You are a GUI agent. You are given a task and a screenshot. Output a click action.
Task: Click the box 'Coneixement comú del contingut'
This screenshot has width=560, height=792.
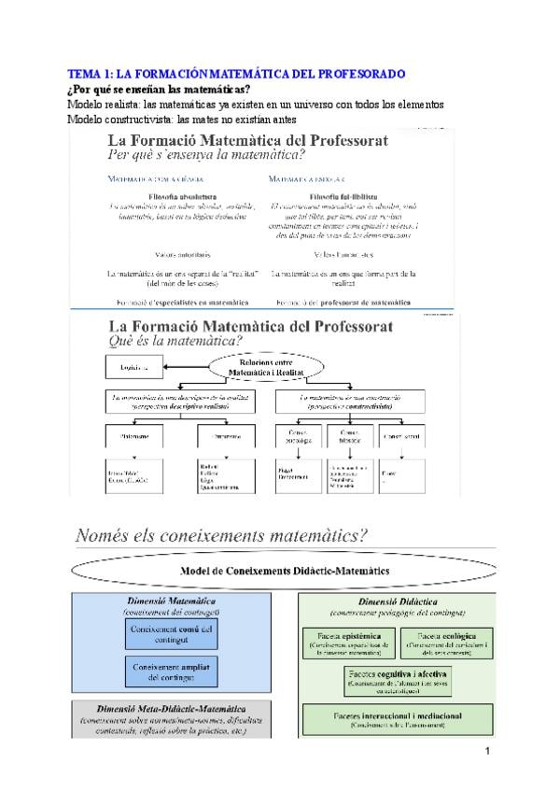[x=170, y=635]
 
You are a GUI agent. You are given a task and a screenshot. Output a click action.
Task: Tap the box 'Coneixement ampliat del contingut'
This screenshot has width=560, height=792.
[x=170, y=672]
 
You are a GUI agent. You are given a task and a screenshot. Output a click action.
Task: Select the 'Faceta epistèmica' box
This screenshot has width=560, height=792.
[x=348, y=643]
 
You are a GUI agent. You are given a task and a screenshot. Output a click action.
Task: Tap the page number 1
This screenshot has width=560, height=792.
[x=488, y=753]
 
